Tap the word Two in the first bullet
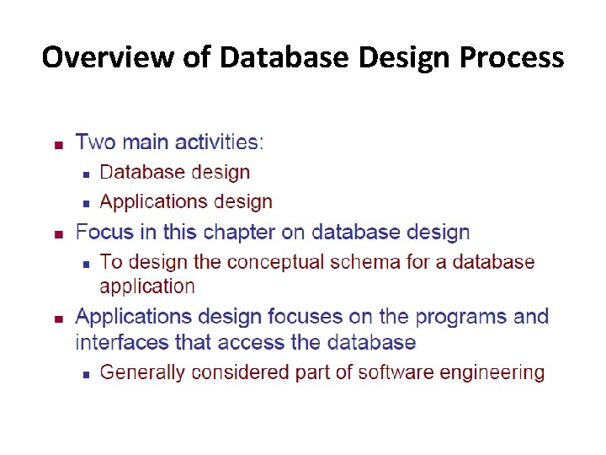click(x=94, y=142)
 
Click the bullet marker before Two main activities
click(x=58, y=144)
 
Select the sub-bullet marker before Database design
click(x=85, y=174)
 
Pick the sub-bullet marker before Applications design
click(x=85, y=204)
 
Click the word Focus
click(x=103, y=232)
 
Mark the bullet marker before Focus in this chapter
click(x=58, y=234)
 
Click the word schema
click(x=365, y=262)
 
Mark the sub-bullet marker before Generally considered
click(x=85, y=374)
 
